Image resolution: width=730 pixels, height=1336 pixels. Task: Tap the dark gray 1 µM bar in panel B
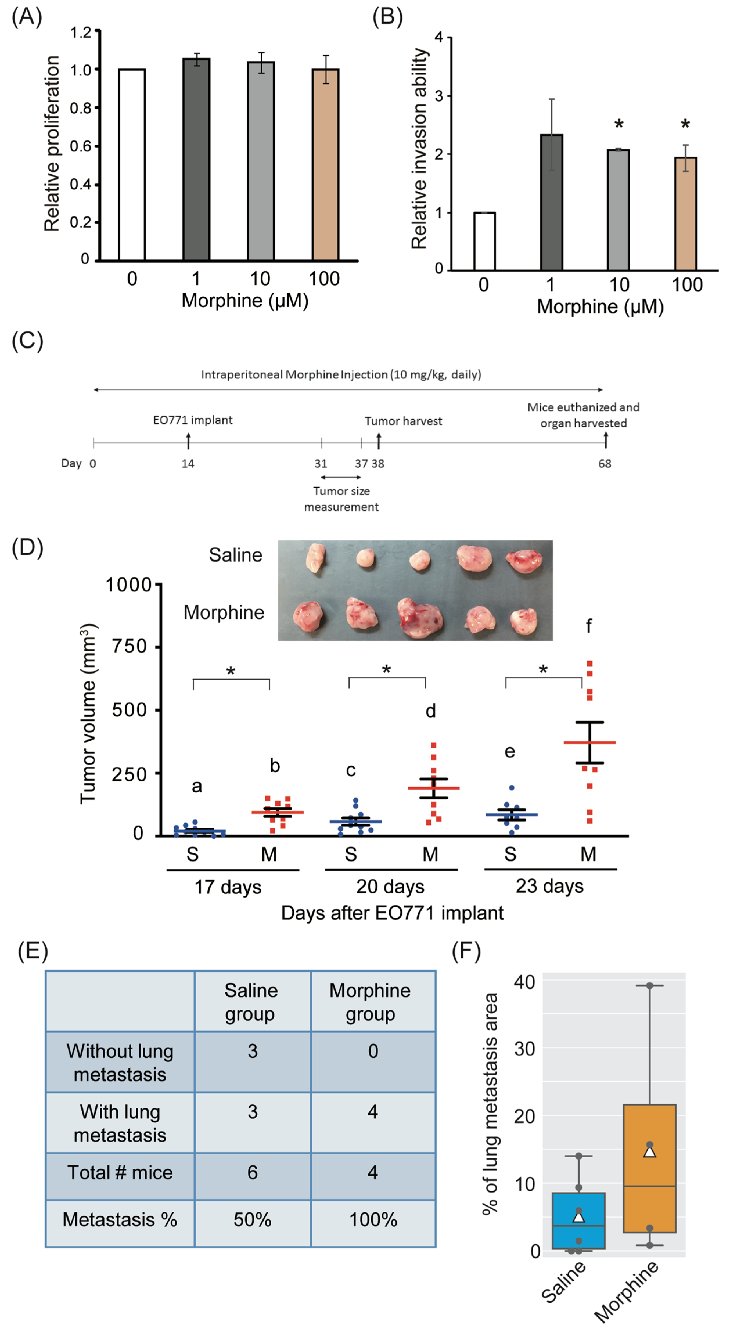[x=551, y=202]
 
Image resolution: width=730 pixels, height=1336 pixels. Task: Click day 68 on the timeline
[x=605, y=464]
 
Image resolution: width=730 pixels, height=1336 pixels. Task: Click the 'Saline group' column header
[x=252, y=1002]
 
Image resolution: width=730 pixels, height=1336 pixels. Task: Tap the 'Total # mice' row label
[x=120, y=1173]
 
